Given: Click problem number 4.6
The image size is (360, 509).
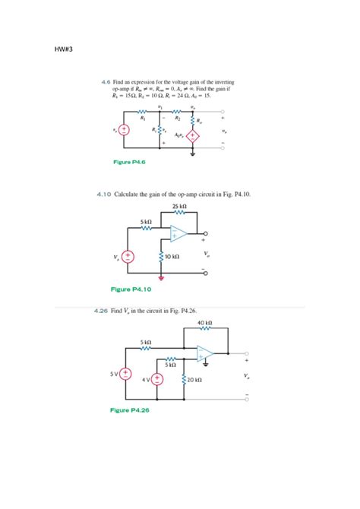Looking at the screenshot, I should click(x=106, y=81).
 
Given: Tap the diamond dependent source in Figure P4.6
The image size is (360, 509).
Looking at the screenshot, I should click(x=193, y=137).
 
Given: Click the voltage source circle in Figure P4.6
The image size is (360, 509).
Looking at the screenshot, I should click(x=123, y=131).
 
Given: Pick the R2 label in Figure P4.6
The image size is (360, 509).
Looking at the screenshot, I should click(x=176, y=119).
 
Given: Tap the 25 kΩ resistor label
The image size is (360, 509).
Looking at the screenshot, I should click(x=179, y=206).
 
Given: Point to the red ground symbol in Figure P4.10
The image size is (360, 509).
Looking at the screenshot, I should click(x=160, y=277).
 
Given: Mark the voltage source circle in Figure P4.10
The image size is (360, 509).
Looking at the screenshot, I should click(x=128, y=257).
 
